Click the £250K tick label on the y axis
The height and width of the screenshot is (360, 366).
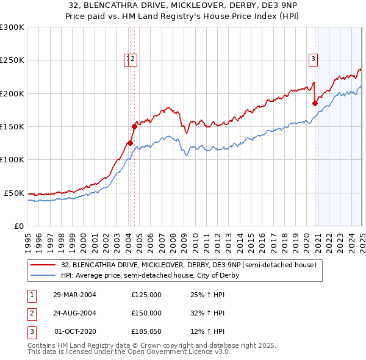tap(12, 60)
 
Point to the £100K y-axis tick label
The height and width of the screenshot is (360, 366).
tap(12, 159)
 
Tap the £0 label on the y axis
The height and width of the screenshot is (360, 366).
tap(18, 226)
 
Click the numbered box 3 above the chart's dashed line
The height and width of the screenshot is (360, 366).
tap(313, 59)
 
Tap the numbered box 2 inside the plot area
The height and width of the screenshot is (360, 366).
tap(134, 59)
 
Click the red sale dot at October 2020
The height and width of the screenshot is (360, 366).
tap(315, 103)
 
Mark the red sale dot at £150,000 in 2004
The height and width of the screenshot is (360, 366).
tap(134, 126)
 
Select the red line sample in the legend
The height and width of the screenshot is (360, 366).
tap(44, 265)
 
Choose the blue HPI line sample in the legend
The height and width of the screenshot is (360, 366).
tap(44, 275)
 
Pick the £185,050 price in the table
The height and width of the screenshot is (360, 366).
tap(146, 331)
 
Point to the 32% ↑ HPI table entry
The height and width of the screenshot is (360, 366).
tap(207, 313)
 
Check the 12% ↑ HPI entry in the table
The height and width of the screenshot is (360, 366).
tap(207, 331)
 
